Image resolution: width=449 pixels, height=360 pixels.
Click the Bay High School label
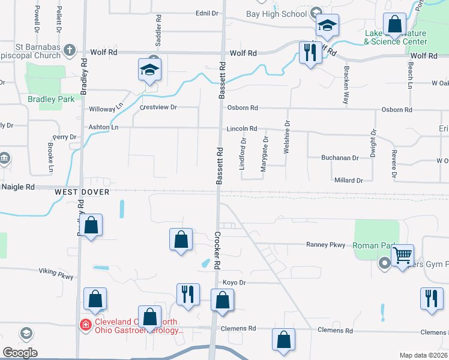277,14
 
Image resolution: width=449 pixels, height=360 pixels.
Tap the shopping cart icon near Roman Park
402,255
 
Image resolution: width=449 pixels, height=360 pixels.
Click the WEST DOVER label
82,192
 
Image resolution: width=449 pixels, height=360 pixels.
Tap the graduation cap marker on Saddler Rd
149,70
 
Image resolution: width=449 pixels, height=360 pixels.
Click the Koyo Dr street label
235,282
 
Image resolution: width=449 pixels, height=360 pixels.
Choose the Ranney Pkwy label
326,244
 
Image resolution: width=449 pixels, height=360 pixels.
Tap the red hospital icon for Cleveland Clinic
86,325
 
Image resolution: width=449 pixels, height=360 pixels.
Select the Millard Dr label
348,180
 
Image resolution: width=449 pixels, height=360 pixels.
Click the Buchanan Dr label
339,158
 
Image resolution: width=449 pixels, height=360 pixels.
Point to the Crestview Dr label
158,107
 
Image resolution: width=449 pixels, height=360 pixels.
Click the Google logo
20,353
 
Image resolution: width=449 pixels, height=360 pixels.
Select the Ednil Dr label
206,13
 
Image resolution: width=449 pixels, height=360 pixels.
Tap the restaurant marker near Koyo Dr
187,294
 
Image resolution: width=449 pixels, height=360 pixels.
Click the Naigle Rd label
17,187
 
